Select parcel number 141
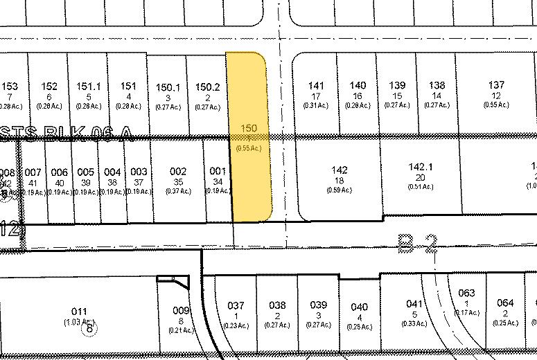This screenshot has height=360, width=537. pyautogui.click(x=316, y=86)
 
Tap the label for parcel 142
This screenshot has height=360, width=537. pyautogui.click(x=340, y=170)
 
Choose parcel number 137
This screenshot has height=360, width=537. pyautogui.click(x=496, y=85)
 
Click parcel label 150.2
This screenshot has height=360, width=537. pyautogui.click(x=207, y=87)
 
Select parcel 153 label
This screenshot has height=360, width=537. pyautogui.click(x=10, y=86)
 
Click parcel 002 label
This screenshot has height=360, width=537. pyautogui.click(x=178, y=171)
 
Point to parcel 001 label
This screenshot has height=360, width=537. pyautogui.click(x=217, y=171)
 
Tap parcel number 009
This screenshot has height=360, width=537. pyautogui.click(x=181, y=311)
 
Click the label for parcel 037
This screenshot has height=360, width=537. pyautogui.click(x=236, y=305)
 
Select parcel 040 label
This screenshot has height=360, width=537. pyautogui.click(x=359, y=307)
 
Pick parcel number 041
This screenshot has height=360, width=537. pyautogui.click(x=414, y=303)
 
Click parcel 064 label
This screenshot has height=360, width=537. pyautogui.click(x=505, y=303)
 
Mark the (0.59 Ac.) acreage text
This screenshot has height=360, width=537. pyautogui.click(x=340, y=190)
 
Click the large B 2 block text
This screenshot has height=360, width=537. pyautogui.click(x=418, y=242)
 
